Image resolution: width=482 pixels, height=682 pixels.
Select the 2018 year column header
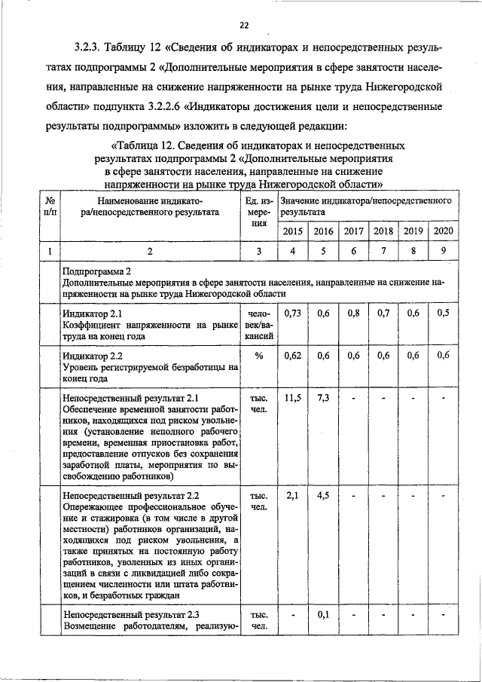[x=383, y=231]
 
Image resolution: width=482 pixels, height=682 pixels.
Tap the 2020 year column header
[x=443, y=231]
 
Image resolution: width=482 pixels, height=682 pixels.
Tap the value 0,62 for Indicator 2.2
[x=294, y=356]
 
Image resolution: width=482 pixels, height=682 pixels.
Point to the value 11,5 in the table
[x=294, y=398]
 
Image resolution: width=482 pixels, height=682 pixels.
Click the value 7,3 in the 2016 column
[x=324, y=398]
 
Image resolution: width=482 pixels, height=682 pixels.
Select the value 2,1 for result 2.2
[x=294, y=496]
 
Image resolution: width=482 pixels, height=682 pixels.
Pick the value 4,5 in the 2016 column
[x=324, y=496]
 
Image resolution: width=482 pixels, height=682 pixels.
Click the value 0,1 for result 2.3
[x=324, y=614]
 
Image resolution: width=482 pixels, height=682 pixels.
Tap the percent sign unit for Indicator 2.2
[x=258, y=356]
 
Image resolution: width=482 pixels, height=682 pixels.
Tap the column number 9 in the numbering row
[x=443, y=251]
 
